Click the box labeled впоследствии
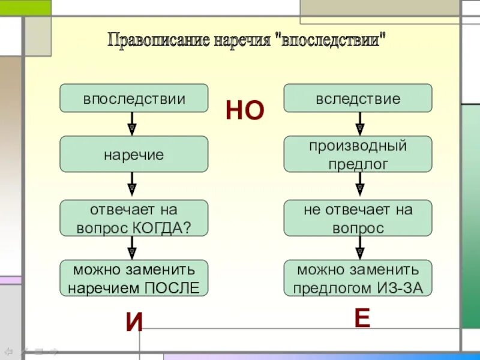click(134, 98)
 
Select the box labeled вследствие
click(358, 98)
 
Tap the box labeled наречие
click(134, 154)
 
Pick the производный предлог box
click(358, 154)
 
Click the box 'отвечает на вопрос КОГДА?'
click(134, 218)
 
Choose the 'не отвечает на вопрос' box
click(358, 218)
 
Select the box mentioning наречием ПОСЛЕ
click(134, 278)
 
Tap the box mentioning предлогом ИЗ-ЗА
click(358, 278)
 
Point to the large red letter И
click(134, 323)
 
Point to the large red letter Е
click(361, 319)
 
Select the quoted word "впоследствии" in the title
click(333, 41)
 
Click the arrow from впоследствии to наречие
click(132, 124)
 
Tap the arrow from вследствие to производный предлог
click(360, 124)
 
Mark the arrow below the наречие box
click(132, 186)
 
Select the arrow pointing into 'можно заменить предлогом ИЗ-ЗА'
click(360, 248)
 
